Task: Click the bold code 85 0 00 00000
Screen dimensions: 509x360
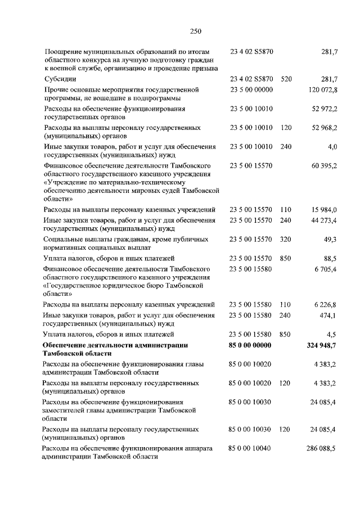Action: [x=250, y=345]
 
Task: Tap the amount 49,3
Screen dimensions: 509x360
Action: [x=328, y=239]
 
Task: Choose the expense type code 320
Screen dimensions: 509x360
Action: [x=286, y=239]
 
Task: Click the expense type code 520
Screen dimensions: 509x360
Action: [x=286, y=79]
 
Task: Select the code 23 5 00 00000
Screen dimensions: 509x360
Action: [x=251, y=89]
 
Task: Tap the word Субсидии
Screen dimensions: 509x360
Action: [x=60, y=79]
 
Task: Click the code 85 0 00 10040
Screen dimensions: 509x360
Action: [x=250, y=448]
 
